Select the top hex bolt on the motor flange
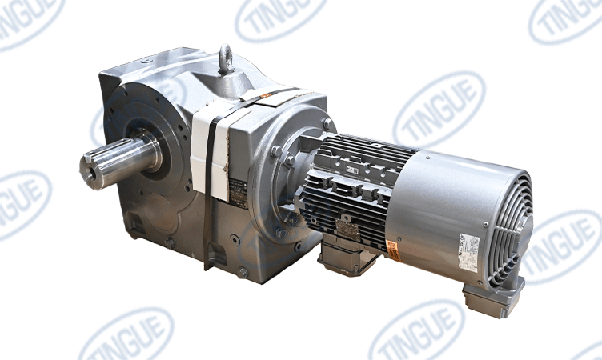point(327,124)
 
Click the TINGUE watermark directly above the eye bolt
point(280,18)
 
